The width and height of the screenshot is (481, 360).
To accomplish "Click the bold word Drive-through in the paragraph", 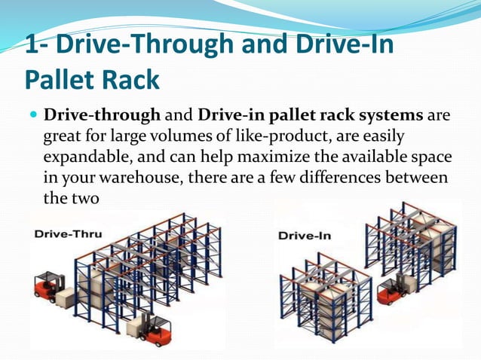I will (103, 116).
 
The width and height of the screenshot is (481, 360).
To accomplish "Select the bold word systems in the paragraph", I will (393, 116).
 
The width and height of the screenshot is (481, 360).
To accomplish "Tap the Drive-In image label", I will (304, 235).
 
